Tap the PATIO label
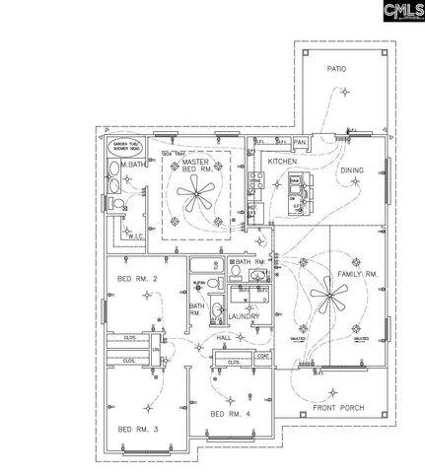point(339,68)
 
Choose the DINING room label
point(352,170)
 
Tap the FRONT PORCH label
point(339,408)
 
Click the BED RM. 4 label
point(229,413)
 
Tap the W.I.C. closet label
point(135,235)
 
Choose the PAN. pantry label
point(302,142)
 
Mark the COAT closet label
point(263,356)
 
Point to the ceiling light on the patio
point(344,94)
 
